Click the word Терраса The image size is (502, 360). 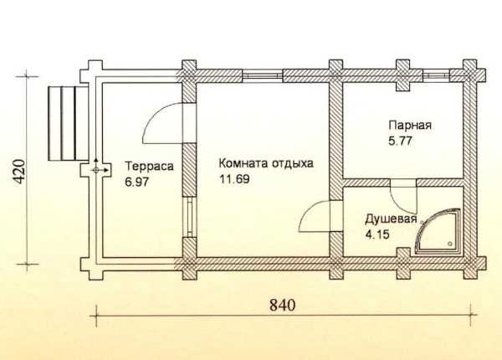click(149, 167)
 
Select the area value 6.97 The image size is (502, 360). click(137, 183)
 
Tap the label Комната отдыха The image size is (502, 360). click(266, 163)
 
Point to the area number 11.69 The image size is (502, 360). click(234, 179)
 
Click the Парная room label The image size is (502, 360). click(410, 125)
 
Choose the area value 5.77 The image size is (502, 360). click(400, 141)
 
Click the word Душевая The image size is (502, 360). click(392, 219)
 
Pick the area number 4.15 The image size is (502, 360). click(377, 234)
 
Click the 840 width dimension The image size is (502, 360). click(282, 305)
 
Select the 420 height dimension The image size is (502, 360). click(19, 172)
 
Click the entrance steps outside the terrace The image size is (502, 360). click(68, 123)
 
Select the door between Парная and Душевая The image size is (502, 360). click(403, 196)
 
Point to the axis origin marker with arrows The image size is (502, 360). click(95, 170)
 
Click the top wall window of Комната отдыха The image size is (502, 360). click(263, 75)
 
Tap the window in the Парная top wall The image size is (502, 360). click(437, 75)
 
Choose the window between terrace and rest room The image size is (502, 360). click(190, 217)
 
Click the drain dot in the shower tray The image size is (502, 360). click(451, 244)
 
